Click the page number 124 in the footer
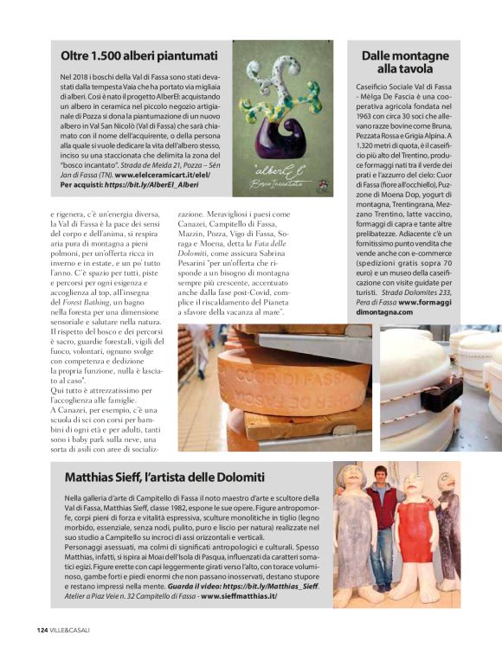[x=42, y=629]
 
